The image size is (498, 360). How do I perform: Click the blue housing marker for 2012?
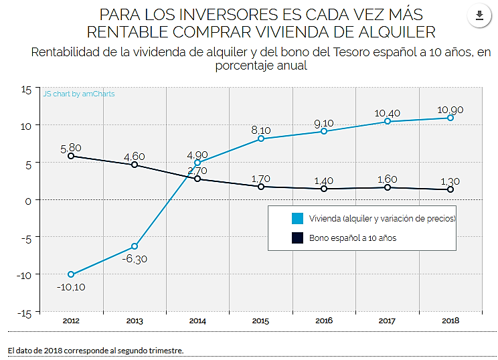click(x=71, y=274)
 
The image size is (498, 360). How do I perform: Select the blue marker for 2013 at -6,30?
click(x=135, y=246)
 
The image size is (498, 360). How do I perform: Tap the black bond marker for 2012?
click(x=71, y=156)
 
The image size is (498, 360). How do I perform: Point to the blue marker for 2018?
click(x=450, y=118)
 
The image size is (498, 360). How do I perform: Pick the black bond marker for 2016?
click(x=324, y=189)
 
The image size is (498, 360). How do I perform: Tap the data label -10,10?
click(x=71, y=287)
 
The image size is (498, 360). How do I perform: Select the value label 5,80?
click(x=71, y=147)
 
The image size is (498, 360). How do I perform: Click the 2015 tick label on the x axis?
click(x=261, y=321)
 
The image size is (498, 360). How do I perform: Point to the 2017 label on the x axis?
click(x=388, y=321)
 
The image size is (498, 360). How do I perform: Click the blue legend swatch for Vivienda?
click(x=297, y=219)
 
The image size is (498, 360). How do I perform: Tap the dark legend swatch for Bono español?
click(x=297, y=238)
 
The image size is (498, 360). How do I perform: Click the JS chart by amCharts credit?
click(x=79, y=94)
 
